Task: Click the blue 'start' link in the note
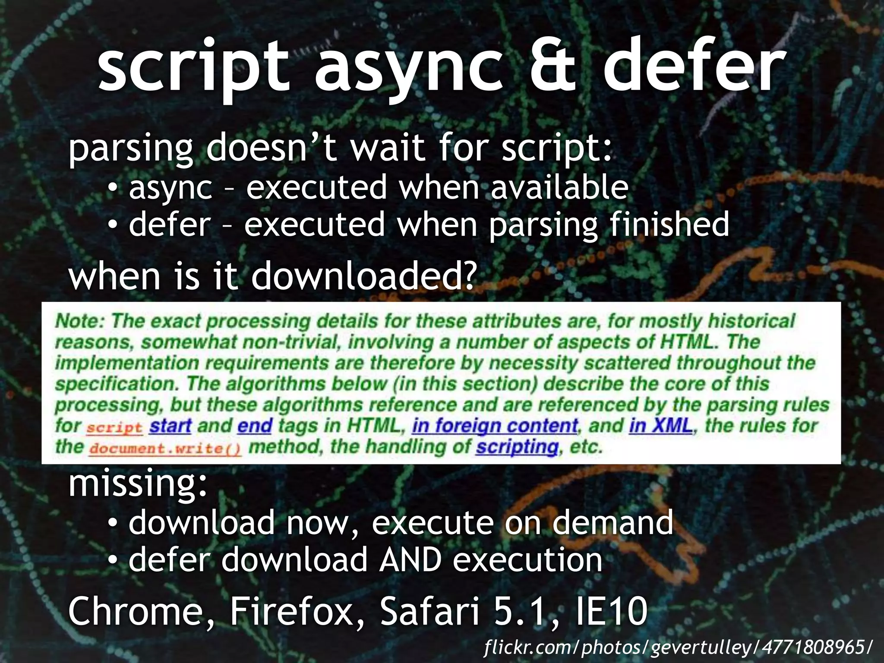(170, 426)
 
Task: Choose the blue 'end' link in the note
(255, 426)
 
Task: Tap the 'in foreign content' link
(495, 426)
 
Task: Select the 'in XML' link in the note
(660, 426)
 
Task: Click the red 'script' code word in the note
(114, 428)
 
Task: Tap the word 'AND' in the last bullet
(410, 560)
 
